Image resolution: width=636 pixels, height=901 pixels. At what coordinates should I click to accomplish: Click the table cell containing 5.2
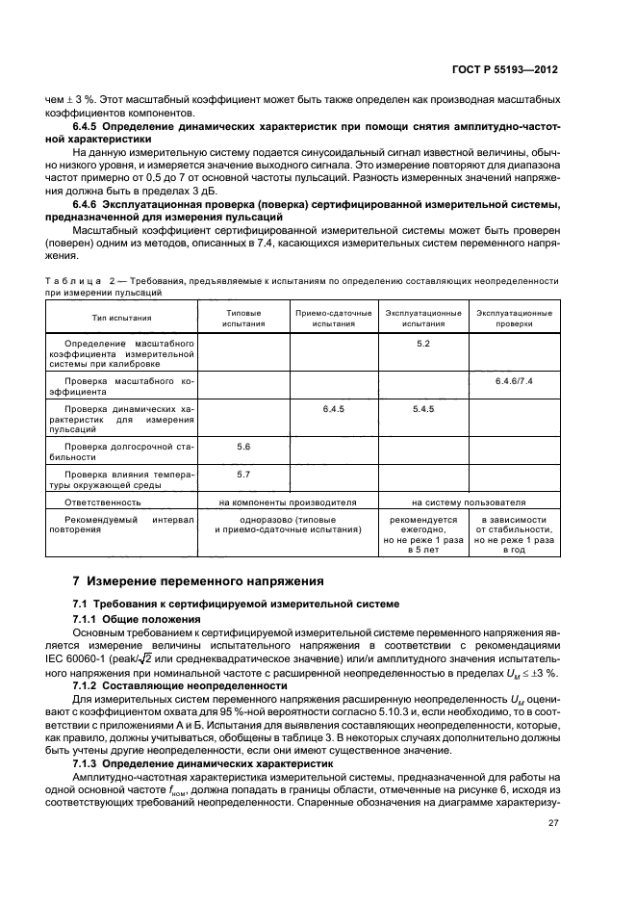click(422, 344)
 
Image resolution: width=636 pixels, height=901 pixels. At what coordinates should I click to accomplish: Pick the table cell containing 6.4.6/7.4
click(514, 382)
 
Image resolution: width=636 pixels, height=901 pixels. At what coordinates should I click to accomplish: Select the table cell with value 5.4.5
click(422, 409)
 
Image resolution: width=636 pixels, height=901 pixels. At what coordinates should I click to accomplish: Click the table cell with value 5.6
click(242, 448)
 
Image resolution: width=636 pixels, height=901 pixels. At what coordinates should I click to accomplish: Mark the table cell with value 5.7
click(242, 475)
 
